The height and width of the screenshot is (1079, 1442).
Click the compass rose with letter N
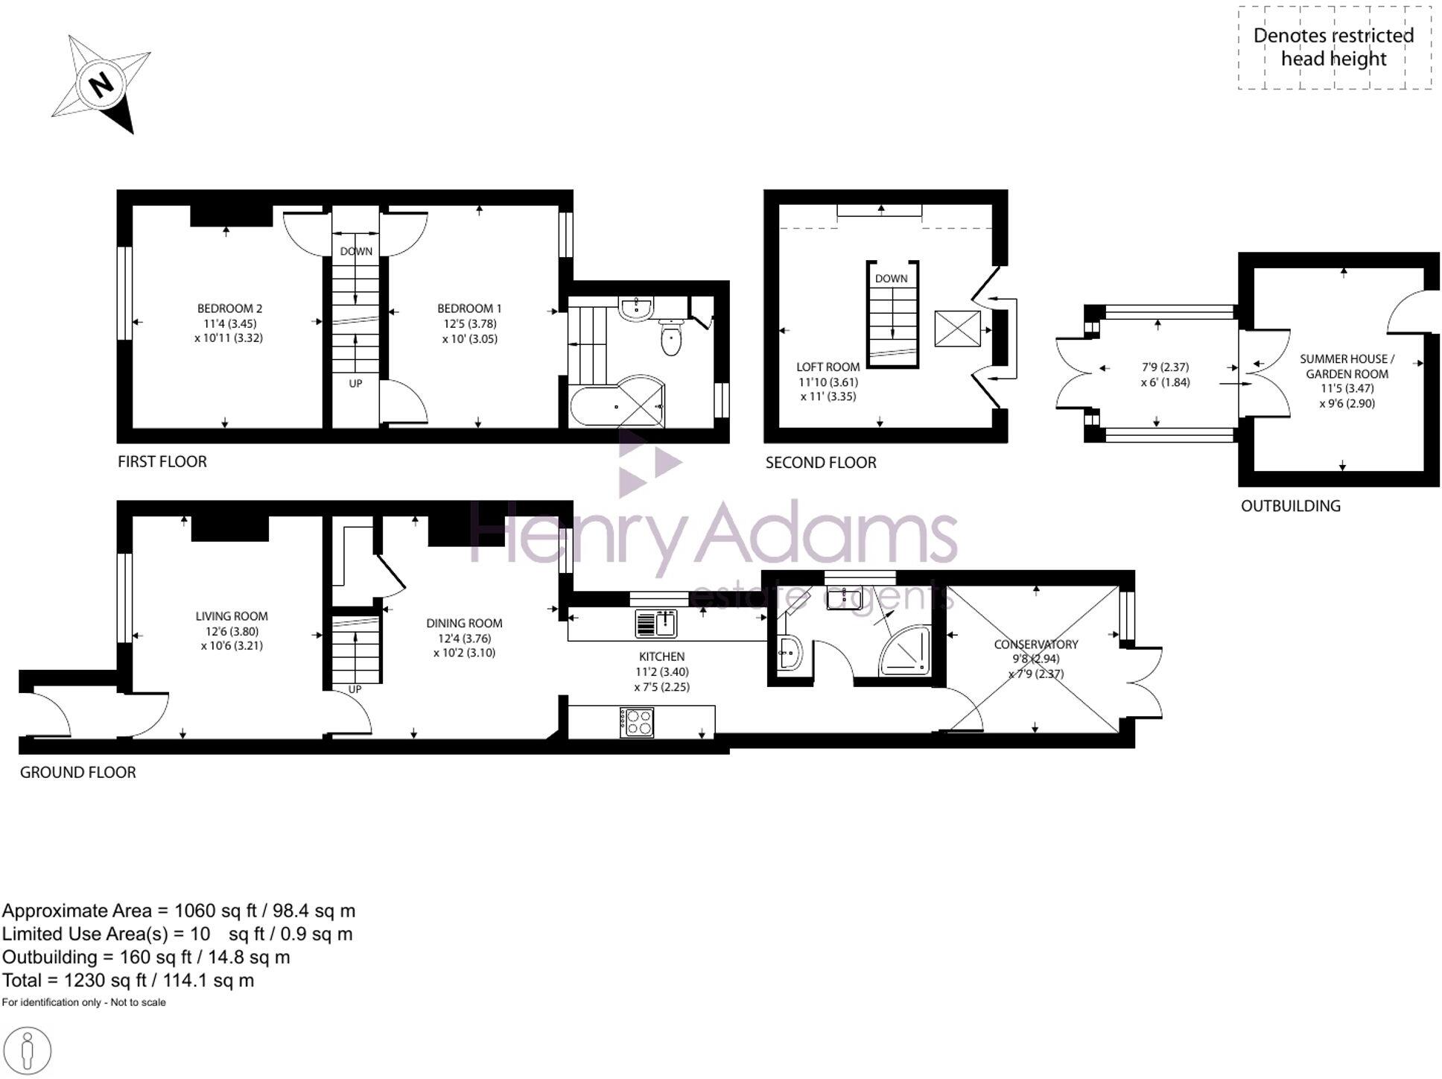point(102,83)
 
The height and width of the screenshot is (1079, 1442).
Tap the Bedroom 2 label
point(229,308)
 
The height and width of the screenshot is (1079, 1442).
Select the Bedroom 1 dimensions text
point(469,331)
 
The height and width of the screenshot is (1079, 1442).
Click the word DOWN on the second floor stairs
point(891,278)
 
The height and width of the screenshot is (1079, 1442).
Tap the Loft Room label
point(828,367)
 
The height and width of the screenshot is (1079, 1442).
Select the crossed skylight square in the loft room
point(957,329)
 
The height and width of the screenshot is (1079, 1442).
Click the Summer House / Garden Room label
point(1347,366)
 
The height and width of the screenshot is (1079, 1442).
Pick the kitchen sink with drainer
point(655,623)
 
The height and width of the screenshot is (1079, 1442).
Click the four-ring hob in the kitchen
point(637,722)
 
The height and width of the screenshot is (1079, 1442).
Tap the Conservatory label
point(1035,644)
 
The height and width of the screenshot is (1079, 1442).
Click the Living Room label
point(232,616)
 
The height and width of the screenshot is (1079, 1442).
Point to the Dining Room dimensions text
point(465,645)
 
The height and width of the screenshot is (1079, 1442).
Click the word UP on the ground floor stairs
point(355,689)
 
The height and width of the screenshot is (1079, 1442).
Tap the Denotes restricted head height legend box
point(1333,47)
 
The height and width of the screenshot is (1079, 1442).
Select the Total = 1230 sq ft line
point(128,981)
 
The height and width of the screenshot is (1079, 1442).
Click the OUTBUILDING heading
point(1290,506)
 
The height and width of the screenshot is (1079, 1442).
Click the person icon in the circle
point(28,1051)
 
